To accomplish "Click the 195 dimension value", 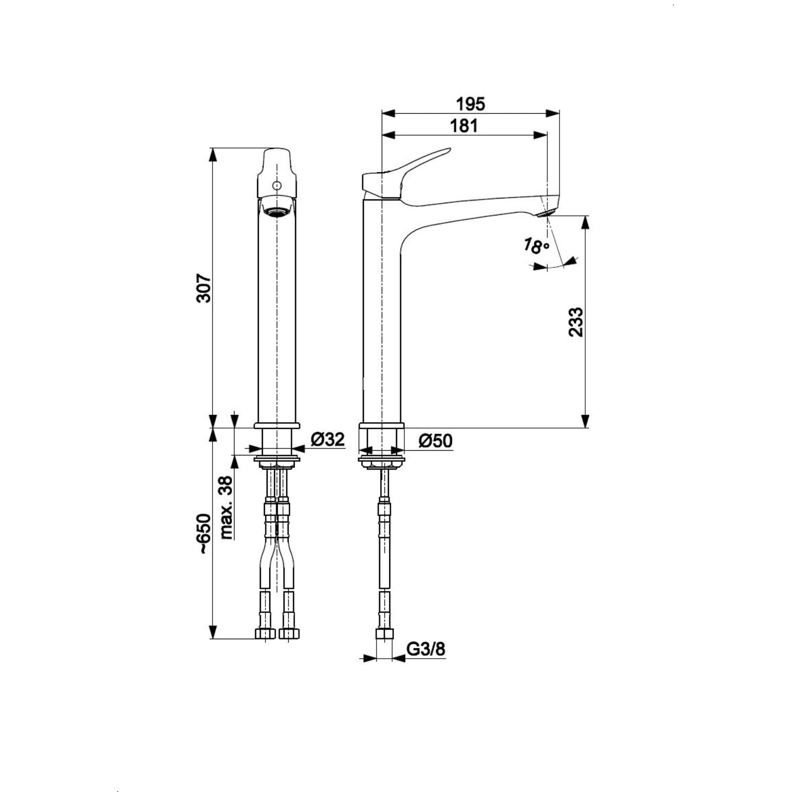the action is (x=470, y=104).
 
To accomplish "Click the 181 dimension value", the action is (x=464, y=126).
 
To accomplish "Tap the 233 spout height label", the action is (x=575, y=322).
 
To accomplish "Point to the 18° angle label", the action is (x=536, y=246).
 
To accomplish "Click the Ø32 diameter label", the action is (x=327, y=440).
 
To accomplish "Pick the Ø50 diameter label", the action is (x=435, y=441).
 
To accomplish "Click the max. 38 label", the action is (x=227, y=507).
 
